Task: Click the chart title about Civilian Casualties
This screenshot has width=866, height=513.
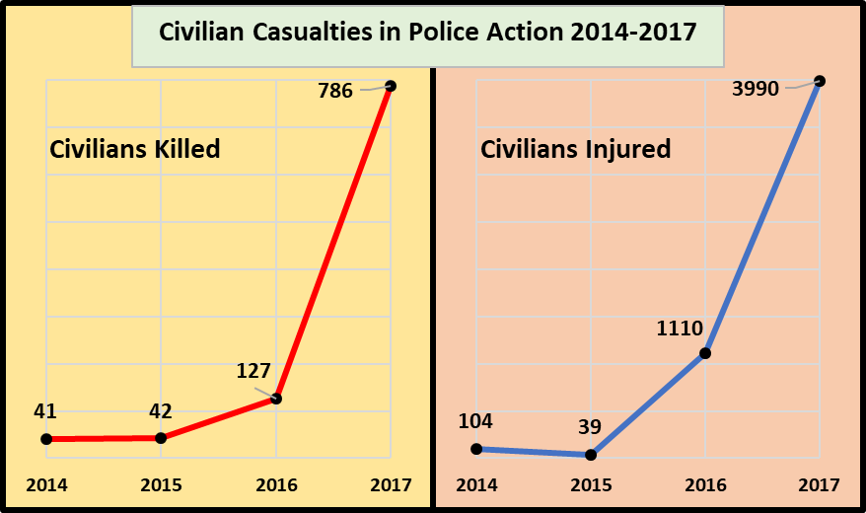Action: pyautogui.click(x=428, y=33)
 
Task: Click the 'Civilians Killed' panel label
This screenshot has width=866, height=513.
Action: pyautogui.click(x=134, y=150)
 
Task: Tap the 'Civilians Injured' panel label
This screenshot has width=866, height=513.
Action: pyautogui.click(x=575, y=150)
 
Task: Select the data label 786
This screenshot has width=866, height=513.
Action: pyautogui.click(x=335, y=92)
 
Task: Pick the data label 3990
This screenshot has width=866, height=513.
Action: pyautogui.click(x=757, y=90)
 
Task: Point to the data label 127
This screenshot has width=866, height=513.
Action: pyautogui.click(x=253, y=372)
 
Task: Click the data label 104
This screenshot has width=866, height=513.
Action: pyautogui.click(x=475, y=421)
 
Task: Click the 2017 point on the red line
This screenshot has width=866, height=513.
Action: pyautogui.click(x=392, y=86)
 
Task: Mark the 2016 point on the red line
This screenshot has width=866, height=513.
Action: pyautogui.click(x=276, y=399)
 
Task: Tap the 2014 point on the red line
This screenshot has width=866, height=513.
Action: pyautogui.click(x=46, y=439)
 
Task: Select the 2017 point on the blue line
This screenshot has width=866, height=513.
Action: pyautogui.click(x=820, y=81)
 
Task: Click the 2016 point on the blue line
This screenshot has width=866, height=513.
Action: pyautogui.click(x=705, y=353)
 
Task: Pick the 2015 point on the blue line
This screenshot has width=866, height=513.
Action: pyautogui.click(x=591, y=455)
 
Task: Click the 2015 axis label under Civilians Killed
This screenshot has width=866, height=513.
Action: pyautogui.click(x=161, y=485)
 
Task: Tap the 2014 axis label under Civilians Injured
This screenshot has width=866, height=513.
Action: pyautogui.click(x=476, y=485)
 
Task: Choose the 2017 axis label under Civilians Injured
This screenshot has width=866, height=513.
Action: pyautogui.click(x=820, y=485)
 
